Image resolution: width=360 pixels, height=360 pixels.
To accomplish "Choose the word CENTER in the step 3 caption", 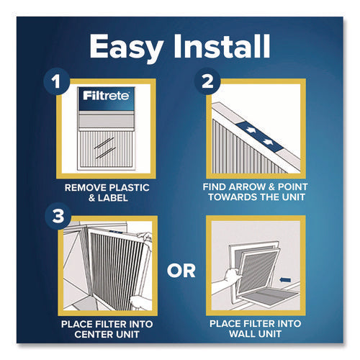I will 84,333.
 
